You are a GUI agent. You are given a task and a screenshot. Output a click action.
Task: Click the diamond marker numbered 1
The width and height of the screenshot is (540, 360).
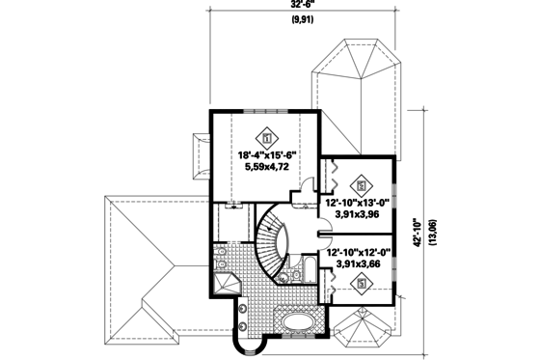266,135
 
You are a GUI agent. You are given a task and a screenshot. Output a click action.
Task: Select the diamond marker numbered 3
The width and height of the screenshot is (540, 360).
362,283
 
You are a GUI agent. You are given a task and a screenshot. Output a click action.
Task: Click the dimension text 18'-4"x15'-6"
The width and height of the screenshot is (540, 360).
266,154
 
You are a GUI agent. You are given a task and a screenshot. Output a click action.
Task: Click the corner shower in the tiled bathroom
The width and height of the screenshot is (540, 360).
228,286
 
